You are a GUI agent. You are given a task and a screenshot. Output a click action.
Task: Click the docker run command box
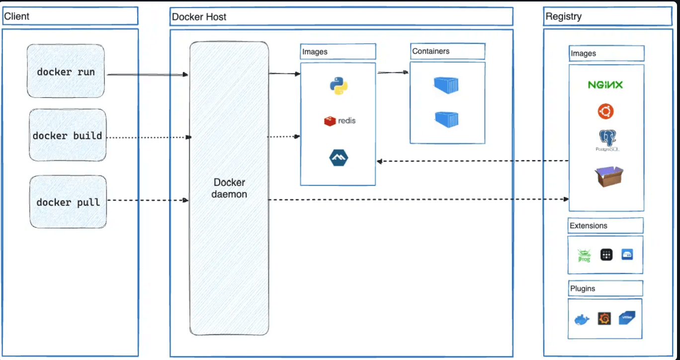pos(66,71)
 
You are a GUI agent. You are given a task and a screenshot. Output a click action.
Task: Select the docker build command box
pos(68,135)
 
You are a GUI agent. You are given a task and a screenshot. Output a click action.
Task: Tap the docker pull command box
pos(68,202)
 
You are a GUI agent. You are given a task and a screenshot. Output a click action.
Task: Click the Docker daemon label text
pos(229,188)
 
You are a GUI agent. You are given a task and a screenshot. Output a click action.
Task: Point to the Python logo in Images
pos(339,86)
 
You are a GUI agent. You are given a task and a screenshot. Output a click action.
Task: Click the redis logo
pos(340,121)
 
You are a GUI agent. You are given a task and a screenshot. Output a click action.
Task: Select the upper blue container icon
pos(446,85)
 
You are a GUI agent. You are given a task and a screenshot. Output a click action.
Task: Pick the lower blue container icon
pos(446,119)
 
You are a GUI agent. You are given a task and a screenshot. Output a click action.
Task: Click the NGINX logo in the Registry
pos(605,85)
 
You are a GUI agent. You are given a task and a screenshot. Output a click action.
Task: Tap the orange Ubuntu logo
pos(605,111)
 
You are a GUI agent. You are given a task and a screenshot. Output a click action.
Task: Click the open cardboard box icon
pos(609,177)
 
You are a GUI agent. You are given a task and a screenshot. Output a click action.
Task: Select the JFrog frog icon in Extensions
pos(584,255)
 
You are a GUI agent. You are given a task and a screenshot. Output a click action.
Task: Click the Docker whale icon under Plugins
pos(581,319)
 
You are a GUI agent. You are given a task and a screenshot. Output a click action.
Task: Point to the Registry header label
pos(563,16)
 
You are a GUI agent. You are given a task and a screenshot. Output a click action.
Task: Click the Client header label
pos(17,16)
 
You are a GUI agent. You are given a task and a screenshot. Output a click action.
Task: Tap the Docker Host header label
pos(199,17)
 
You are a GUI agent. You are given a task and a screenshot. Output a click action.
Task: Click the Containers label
pos(430,51)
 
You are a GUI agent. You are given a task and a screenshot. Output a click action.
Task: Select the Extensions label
pos(588,226)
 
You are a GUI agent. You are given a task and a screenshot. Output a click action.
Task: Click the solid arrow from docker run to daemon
pos(148,75)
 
